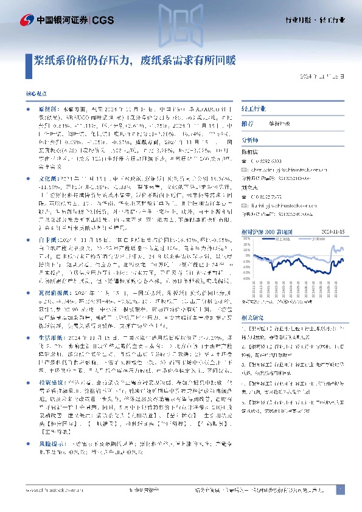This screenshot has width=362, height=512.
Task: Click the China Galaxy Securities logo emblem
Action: pyautogui.click(x=26, y=20)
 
